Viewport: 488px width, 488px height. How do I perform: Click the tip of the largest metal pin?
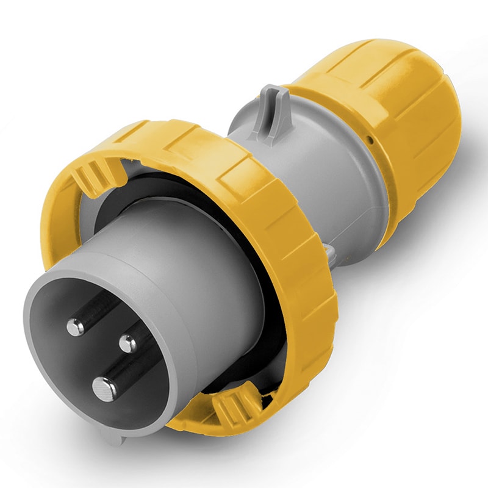tap(104, 387)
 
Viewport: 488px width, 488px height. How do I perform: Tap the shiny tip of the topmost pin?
tap(76, 328)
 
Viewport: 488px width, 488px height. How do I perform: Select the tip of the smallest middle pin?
tap(128, 344)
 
